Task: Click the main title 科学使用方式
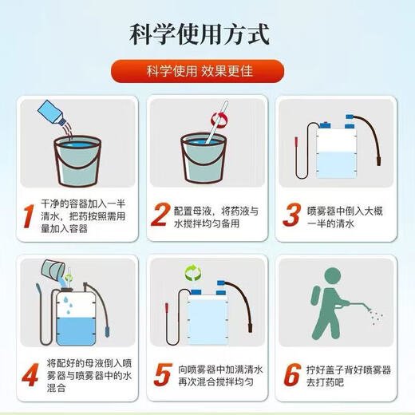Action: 200,34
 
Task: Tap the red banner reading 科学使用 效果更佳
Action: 197,71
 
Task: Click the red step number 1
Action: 29,216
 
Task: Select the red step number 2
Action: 160,215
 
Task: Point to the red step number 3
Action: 292,215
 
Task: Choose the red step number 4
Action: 30,375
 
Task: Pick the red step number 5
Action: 163,374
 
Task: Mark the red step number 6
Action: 292,374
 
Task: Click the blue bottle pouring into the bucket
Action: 52,113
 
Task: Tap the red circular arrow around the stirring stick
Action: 219,120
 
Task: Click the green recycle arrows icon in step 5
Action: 193,273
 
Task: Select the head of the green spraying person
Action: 333,276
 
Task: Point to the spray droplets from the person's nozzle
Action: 376,316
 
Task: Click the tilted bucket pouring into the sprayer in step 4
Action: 53,270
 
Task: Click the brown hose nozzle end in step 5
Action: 250,327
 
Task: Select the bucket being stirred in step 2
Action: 204,158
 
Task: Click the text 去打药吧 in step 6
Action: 325,382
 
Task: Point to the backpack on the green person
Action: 317,295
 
